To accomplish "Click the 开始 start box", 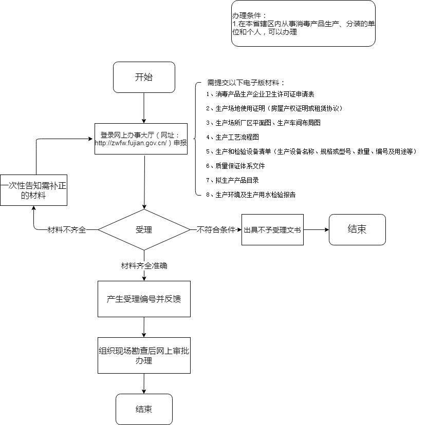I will coord(144,78).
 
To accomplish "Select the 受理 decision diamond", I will coord(144,229).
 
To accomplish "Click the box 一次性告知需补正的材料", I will coord(33,190).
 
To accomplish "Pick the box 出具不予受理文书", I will coord(272,230).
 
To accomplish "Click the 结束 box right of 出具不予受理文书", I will coord(357,229).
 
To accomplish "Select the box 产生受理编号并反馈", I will coord(144,299).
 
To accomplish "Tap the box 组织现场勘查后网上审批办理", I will coord(144,355).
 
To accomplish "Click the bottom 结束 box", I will coord(144,409).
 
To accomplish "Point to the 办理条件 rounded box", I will coord(303,24).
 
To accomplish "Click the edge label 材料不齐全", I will coord(67,230).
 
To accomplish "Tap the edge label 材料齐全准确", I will coord(144,266).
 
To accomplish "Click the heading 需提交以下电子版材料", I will coord(246,83).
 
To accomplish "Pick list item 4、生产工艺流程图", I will coord(232,137).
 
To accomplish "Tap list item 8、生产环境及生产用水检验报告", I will coord(251,195).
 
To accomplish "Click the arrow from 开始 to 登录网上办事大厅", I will coord(144,108).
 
